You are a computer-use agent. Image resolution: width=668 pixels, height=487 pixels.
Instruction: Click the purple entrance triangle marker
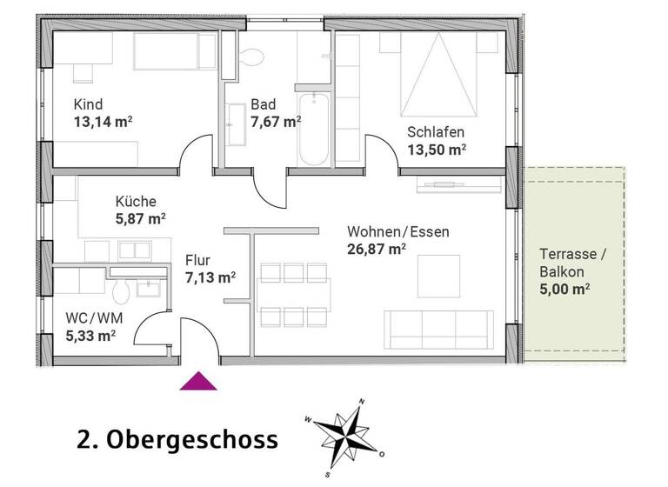(198, 379)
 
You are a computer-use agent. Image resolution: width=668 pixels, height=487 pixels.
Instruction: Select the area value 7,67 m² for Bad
(276, 122)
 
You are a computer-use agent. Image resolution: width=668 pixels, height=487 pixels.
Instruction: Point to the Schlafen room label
(436, 132)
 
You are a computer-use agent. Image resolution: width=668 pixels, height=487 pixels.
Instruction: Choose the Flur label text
(198, 259)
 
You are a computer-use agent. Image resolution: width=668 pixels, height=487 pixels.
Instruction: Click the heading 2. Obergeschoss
(178, 439)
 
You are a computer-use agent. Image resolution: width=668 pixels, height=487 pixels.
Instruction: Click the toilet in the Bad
(253, 55)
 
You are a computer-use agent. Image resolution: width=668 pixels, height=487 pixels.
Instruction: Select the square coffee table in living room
(438, 277)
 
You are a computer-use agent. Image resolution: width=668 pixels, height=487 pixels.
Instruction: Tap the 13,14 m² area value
(103, 122)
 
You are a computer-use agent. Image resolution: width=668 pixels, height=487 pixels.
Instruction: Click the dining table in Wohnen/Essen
(293, 293)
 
